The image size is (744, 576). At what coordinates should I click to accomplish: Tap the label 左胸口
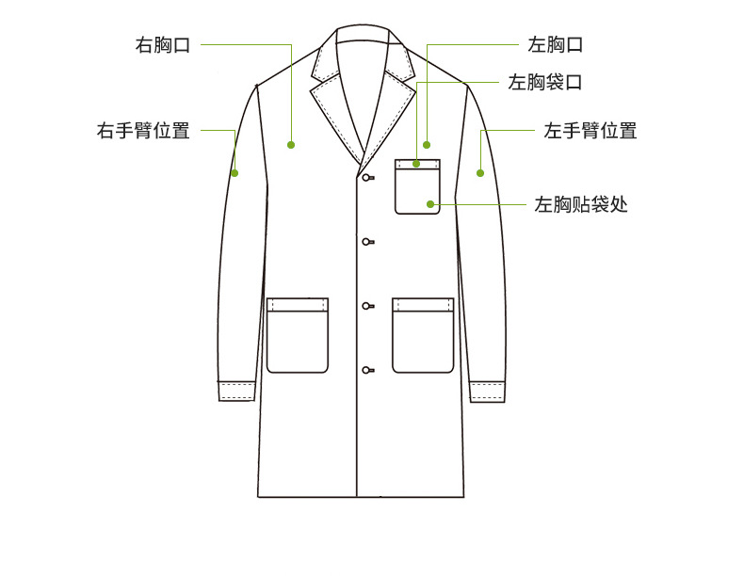(556, 44)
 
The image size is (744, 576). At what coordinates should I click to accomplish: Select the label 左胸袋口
(545, 83)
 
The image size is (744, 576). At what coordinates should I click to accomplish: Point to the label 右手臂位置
(143, 131)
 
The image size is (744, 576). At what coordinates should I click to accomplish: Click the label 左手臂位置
(590, 131)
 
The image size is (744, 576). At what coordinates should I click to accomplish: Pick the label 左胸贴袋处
(581, 203)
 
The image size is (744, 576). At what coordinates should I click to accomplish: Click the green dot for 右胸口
(291, 145)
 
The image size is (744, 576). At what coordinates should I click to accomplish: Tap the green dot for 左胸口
(427, 145)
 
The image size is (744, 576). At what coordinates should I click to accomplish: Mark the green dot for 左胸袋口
(415, 164)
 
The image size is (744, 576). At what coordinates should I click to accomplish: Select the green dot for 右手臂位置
(235, 173)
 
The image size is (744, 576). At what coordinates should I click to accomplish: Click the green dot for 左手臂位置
(479, 173)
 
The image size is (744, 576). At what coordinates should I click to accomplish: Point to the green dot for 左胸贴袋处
(430, 203)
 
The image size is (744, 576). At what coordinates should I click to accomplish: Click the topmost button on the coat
(366, 177)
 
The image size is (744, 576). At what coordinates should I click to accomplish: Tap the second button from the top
(366, 242)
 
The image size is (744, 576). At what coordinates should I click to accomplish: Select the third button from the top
(366, 306)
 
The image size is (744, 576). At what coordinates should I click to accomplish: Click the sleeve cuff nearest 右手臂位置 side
(237, 391)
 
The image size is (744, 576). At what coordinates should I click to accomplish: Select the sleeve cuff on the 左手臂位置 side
(487, 391)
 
